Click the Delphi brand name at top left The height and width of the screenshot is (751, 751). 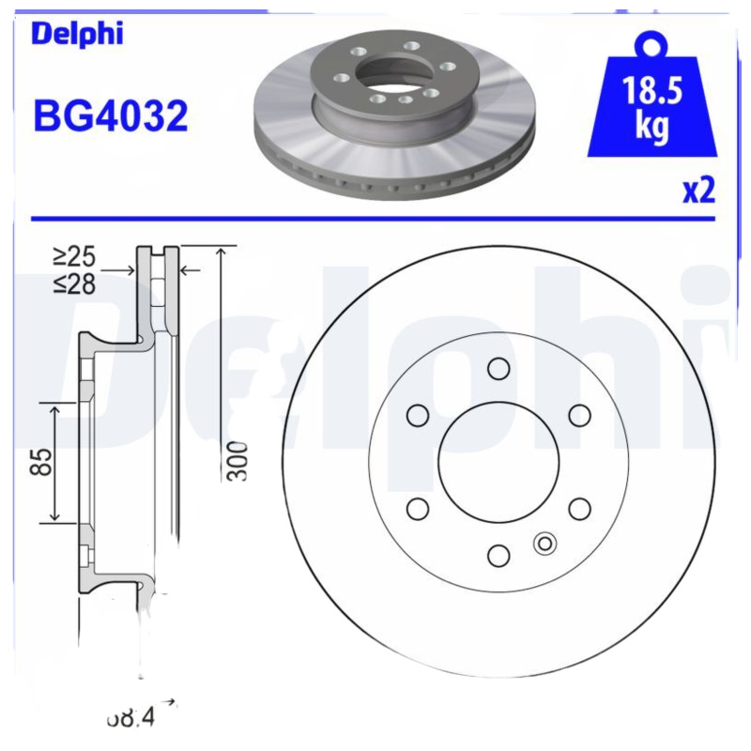pyautogui.click(x=77, y=34)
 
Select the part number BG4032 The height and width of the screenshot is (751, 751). pyautogui.click(x=111, y=117)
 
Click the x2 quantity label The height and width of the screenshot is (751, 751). pyautogui.click(x=698, y=191)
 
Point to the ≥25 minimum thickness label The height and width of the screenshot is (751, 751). pyautogui.click(x=74, y=256)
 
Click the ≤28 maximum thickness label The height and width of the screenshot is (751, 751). pyautogui.click(x=74, y=283)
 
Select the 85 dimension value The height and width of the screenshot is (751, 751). pyautogui.click(x=40, y=461)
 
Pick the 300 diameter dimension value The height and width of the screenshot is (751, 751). pyautogui.click(x=238, y=460)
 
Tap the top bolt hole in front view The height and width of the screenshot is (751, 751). pyautogui.click(x=498, y=369)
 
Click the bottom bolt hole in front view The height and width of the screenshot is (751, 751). pyautogui.click(x=498, y=556)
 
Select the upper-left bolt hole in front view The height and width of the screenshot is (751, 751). pyautogui.click(x=418, y=415)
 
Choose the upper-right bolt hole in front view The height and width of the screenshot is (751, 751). pyautogui.click(x=579, y=415)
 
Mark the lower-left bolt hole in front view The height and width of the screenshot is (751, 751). pyautogui.click(x=418, y=509)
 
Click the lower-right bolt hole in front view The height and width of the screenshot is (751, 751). pyautogui.click(x=579, y=509)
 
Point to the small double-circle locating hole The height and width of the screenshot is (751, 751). pyautogui.click(x=544, y=543)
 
